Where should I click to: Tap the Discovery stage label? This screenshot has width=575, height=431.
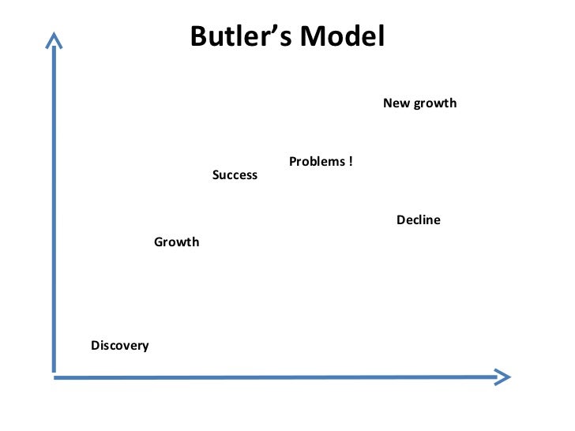[x=119, y=346]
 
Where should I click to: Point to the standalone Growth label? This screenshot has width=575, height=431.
[x=176, y=242]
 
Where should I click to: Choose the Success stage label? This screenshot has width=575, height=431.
[x=235, y=175]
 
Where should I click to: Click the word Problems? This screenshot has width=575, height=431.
[x=317, y=162]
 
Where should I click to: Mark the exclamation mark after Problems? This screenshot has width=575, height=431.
[x=350, y=162]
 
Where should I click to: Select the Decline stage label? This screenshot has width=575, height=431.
[x=418, y=220]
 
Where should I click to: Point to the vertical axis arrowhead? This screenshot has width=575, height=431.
[x=53, y=39]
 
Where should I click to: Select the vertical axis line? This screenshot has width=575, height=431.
[x=53, y=205]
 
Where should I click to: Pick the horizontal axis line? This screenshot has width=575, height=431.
[x=276, y=377]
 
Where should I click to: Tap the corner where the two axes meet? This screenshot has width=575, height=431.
[x=54, y=376]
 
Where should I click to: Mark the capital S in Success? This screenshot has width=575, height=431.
[x=216, y=175]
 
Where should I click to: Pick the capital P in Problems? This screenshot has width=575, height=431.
[x=292, y=162]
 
